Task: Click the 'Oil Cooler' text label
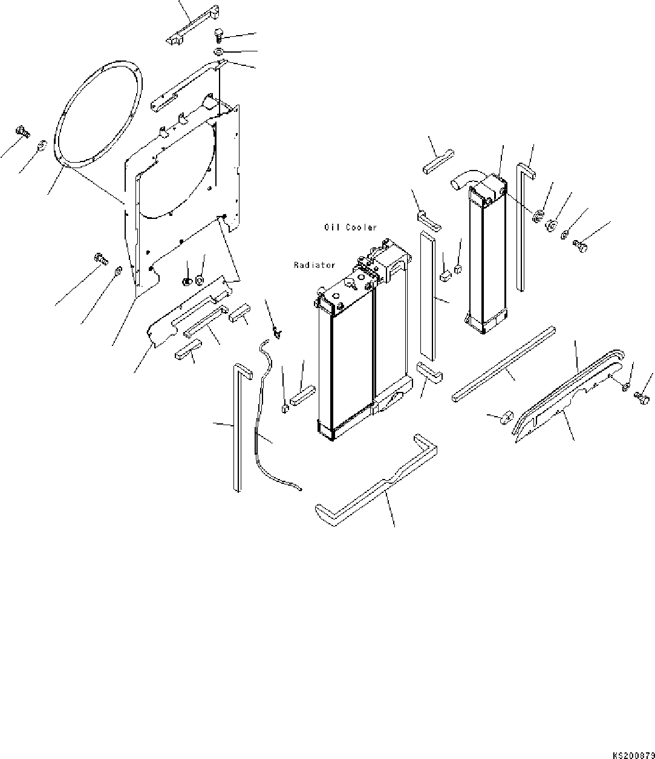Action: click(x=350, y=227)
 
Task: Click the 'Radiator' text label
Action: click(x=314, y=265)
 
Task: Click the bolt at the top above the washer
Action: click(x=219, y=34)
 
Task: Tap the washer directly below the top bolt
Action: click(x=220, y=51)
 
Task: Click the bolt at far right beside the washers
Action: click(x=581, y=247)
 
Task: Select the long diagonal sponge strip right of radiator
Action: click(x=502, y=363)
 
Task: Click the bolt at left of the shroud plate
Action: click(x=100, y=259)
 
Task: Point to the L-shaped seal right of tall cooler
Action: click(x=524, y=224)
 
